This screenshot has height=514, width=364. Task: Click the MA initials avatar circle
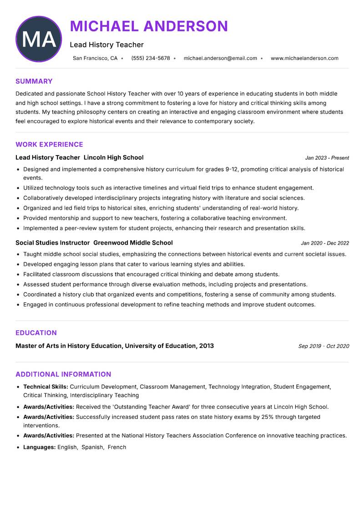(39, 39)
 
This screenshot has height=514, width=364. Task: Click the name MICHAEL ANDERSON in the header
(149, 26)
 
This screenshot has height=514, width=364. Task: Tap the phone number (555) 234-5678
(150, 58)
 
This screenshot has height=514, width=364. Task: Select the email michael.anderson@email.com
(220, 58)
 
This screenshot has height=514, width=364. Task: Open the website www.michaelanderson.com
(304, 58)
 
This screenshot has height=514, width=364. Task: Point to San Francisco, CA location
(95, 58)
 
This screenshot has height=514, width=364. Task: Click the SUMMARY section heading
(34, 81)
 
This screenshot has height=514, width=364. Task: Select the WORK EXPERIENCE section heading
(49, 145)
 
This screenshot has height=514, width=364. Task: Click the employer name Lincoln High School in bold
(114, 158)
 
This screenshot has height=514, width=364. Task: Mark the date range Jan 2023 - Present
(327, 158)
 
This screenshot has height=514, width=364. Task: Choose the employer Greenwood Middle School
(133, 243)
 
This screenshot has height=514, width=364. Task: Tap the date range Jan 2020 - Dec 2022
(325, 243)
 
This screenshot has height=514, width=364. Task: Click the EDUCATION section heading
(36, 333)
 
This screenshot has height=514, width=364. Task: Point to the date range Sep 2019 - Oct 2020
(324, 346)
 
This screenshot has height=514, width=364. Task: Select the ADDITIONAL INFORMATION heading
(63, 374)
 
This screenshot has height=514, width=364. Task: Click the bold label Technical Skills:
(45, 387)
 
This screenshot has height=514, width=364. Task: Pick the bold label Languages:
(40, 447)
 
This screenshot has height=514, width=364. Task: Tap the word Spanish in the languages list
(92, 447)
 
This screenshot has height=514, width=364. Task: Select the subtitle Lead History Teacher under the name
(106, 45)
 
